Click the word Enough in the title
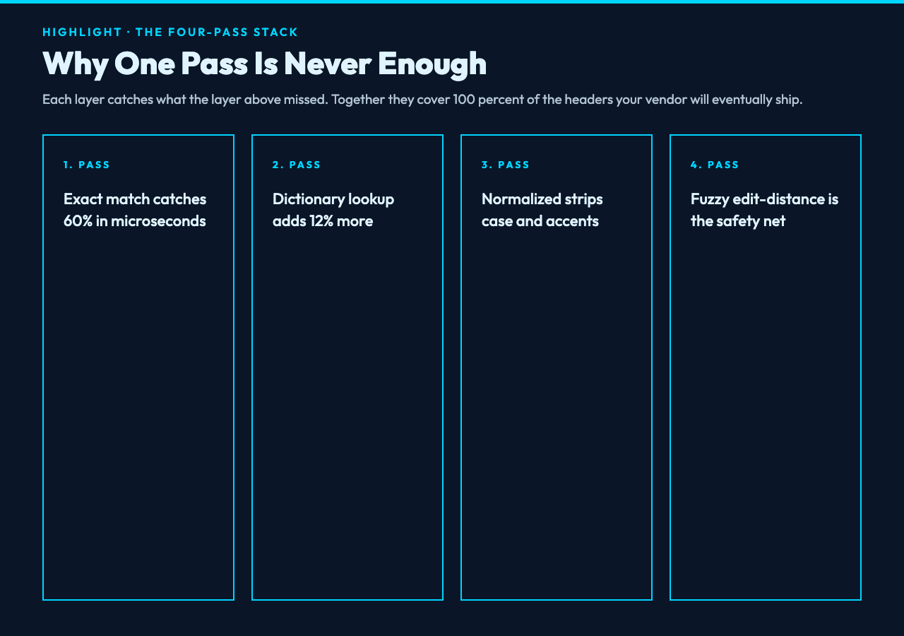point(432,64)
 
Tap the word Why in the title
point(76,64)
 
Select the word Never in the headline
point(328,63)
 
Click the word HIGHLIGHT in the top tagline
point(82,32)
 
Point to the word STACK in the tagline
point(275,32)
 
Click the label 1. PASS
point(86,165)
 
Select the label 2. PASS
point(296,165)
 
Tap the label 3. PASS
point(505,165)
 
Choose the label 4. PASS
point(714,165)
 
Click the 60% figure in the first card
point(78,221)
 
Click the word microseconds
point(158,221)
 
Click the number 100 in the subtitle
point(464,100)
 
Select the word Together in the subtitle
point(358,100)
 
